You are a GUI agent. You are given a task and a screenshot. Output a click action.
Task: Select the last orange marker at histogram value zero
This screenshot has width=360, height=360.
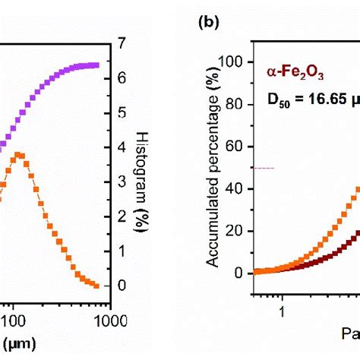[x=96, y=286]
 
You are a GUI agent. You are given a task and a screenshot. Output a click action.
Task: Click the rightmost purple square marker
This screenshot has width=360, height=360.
[x=96, y=65]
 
